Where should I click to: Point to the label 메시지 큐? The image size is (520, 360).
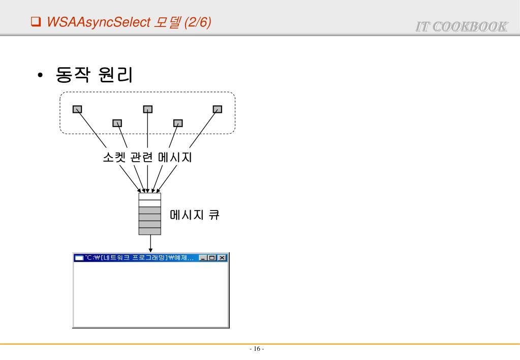coord(194,215)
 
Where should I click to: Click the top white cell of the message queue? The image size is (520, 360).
coord(149,196)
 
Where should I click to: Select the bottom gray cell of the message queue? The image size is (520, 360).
coord(149,231)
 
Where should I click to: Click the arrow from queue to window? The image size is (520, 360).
coord(150,243)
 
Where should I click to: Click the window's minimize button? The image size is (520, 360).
coord(204,258)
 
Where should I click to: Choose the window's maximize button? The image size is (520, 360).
coord(213,258)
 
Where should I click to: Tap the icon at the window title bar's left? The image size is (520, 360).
coord(79,258)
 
